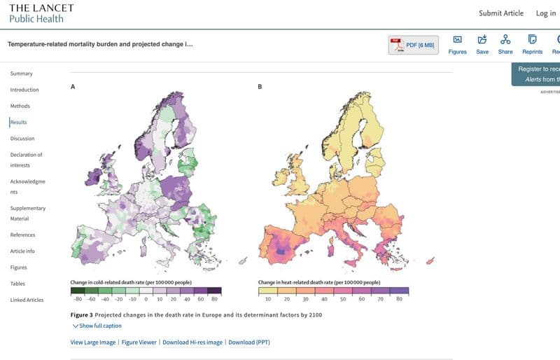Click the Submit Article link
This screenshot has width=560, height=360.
500,13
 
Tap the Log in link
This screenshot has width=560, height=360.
545,13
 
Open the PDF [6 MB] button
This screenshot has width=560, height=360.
414,45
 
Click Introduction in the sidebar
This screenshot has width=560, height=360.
24,90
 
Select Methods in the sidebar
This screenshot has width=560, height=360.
20,106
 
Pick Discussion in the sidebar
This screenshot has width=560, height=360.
22,138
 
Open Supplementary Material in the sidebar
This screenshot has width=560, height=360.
28,213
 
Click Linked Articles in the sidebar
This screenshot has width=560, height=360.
27,300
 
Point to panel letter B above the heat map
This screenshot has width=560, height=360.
260,87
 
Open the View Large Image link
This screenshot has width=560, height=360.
93,342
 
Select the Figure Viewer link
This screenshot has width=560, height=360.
139,342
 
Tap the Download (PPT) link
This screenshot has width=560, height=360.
248,342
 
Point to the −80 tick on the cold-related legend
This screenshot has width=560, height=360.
78,298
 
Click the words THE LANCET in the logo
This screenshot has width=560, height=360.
41,8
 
